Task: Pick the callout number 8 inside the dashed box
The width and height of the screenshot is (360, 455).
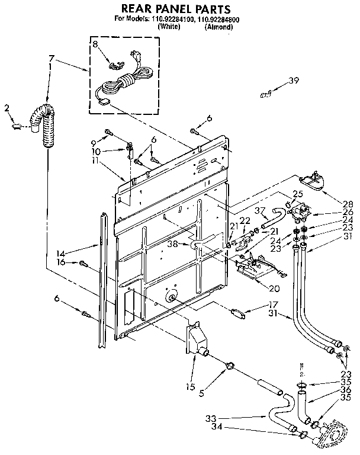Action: pos(95,45)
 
